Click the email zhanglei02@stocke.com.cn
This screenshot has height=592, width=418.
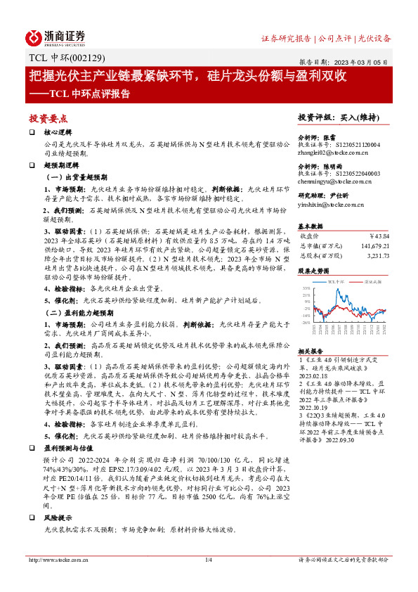tap(329, 151)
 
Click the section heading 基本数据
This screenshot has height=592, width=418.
tap(310, 226)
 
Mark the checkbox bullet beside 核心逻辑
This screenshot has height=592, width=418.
tap(32, 131)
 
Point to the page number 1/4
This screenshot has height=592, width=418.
tap(209, 560)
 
